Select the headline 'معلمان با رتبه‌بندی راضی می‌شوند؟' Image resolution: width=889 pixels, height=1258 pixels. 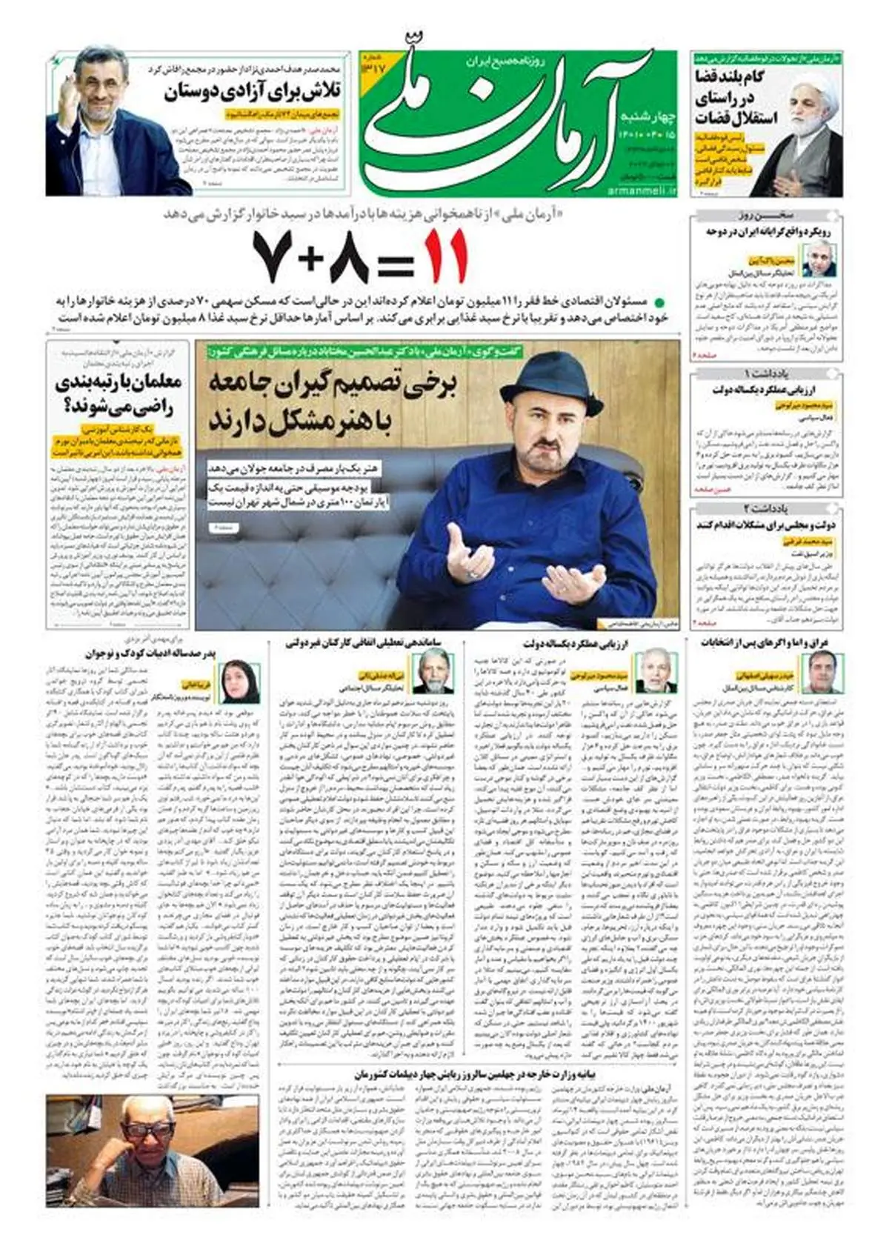pyautogui.click(x=118, y=394)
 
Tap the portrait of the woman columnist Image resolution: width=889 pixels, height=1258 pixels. pyautogui.click(x=241, y=682)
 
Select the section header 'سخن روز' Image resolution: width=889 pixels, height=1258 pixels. pyautogui.click(x=766, y=216)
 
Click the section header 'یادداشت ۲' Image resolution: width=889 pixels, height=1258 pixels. pyautogui.click(x=766, y=508)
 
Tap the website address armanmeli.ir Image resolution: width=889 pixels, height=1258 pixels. pyautogui.click(x=644, y=191)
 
